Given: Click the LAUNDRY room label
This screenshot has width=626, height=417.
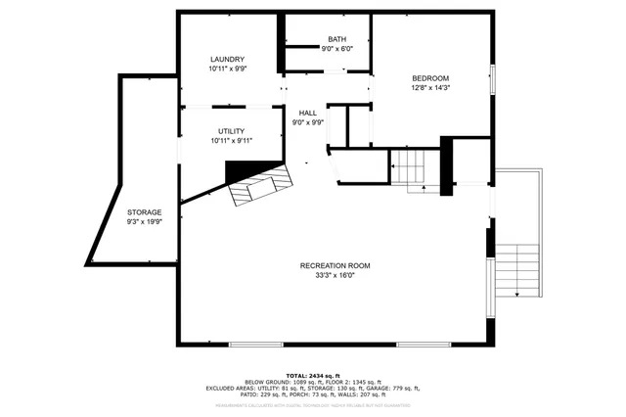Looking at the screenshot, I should [226, 60].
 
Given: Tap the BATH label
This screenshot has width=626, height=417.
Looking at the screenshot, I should [336, 39].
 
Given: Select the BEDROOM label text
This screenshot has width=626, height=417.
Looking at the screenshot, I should [429, 78].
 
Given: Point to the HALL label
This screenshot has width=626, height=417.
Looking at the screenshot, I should [308, 113].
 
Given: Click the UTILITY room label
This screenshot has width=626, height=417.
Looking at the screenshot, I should [231, 131].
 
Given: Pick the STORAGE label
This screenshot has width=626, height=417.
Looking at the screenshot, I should [144, 212].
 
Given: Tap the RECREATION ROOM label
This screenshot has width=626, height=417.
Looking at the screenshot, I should [335, 266].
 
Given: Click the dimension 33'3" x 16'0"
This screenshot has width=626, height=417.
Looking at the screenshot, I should [335, 276].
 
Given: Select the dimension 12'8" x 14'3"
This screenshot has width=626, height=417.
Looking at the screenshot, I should [429, 88].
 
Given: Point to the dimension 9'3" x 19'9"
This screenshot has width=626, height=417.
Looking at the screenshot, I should [144, 222].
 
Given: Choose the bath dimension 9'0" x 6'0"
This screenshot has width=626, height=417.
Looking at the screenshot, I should [336, 49].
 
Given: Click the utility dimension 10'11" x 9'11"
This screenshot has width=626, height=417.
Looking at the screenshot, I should [231, 141].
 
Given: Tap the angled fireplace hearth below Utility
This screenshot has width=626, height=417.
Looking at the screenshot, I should [260, 186].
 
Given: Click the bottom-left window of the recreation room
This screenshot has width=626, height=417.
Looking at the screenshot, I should [256, 344].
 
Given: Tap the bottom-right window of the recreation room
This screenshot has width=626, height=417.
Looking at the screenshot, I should [423, 344].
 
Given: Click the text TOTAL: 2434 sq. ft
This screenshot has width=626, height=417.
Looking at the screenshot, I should [313, 376].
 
